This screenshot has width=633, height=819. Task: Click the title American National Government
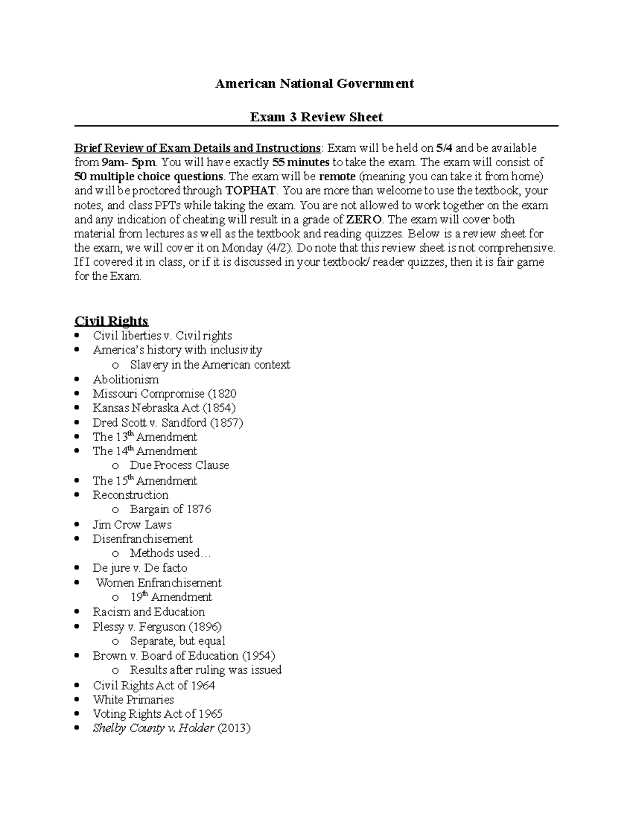click(314, 83)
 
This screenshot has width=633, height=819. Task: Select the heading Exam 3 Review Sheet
click(316, 117)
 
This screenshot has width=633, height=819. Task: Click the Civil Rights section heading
click(111, 321)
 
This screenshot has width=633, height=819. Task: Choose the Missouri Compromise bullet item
click(164, 394)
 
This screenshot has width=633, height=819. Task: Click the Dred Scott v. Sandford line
click(168, 422)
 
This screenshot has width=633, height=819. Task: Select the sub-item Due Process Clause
click(179, 466)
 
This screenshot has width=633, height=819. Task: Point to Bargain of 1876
click(170, 509)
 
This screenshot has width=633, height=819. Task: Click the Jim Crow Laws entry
click(132, 525)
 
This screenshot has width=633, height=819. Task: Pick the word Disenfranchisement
click(142, 539)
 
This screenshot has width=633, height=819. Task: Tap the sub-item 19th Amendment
click(171, 598)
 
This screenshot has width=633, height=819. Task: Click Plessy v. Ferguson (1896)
click(157, 627)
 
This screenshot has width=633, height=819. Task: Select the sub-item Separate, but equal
click(177, 641)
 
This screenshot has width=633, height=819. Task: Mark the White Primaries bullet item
click(133, 700)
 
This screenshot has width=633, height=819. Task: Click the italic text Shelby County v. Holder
click(154, 728)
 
